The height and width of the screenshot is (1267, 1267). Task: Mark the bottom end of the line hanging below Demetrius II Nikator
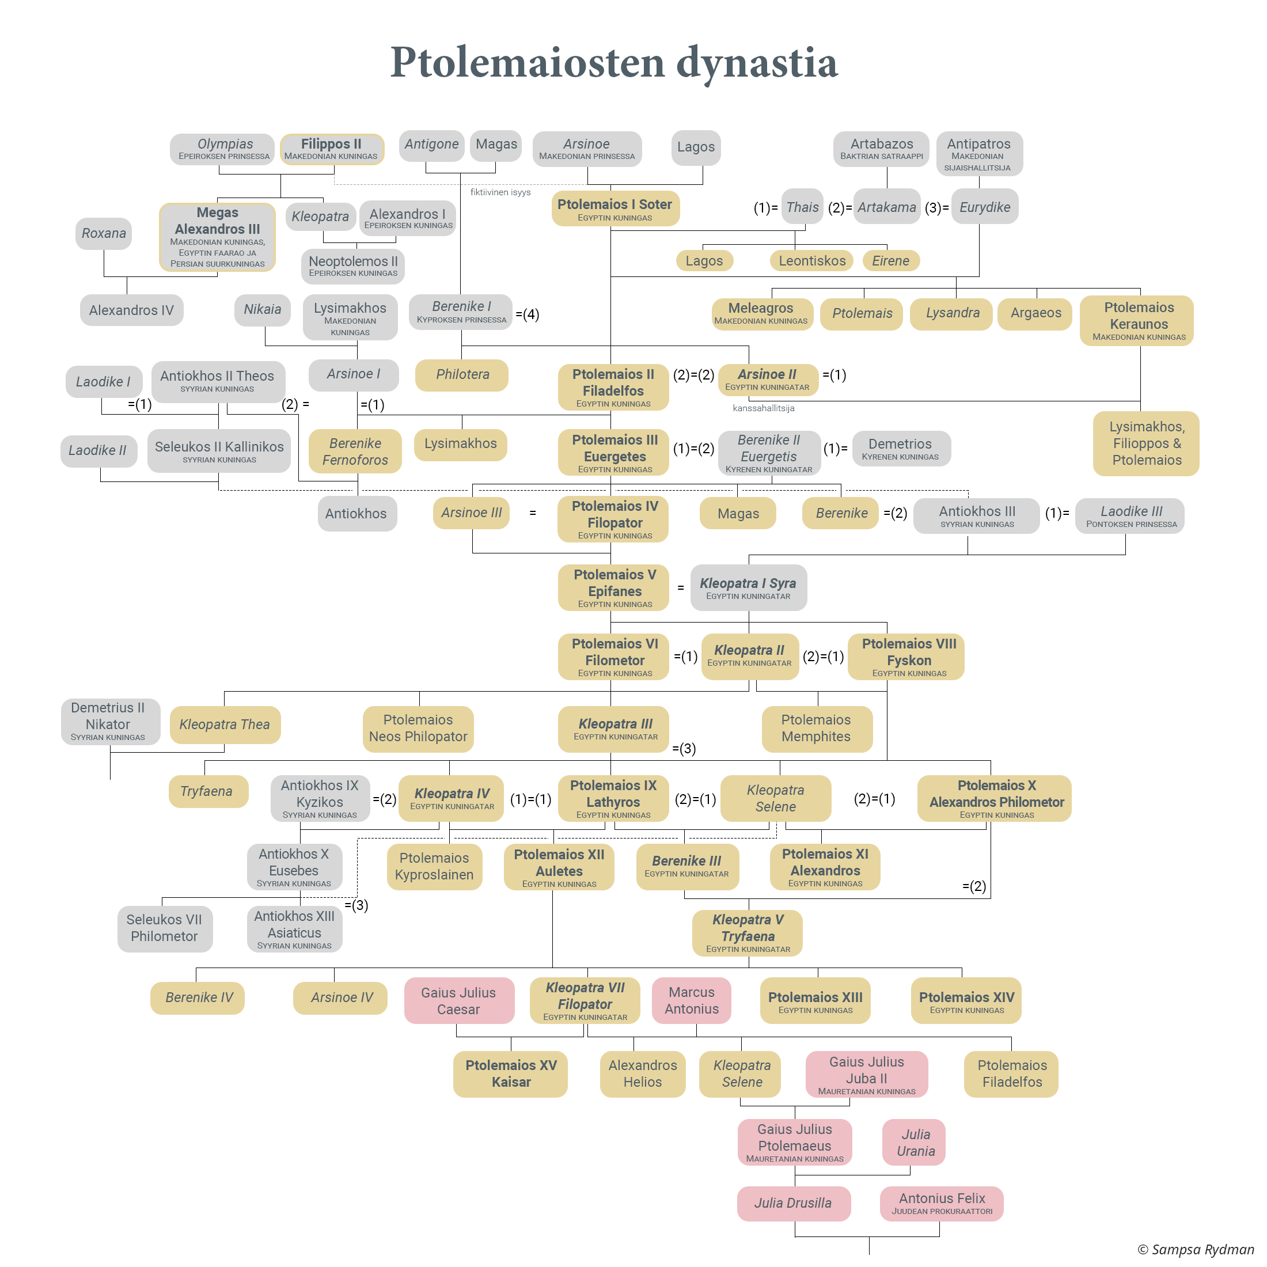tap(110, 779)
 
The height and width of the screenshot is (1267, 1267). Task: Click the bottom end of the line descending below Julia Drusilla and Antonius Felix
tap(870, 1254)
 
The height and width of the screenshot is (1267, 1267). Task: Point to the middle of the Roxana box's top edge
tap(104, 218)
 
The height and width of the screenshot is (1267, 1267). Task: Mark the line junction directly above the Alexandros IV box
tap(127, 277)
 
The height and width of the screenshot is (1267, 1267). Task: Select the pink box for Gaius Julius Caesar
tap(459, 1001)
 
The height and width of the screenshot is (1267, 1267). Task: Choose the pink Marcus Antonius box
tap(692, 1001)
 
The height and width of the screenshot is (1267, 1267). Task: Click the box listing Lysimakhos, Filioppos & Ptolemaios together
tap(1146, 443)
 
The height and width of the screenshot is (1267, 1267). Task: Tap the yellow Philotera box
tap(462, 375)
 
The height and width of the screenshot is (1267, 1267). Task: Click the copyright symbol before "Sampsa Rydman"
tap(1143, 1249)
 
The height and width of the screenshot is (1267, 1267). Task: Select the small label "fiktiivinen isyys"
tap(500, 192)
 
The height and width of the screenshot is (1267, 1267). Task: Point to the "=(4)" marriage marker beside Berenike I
tap(528, 315)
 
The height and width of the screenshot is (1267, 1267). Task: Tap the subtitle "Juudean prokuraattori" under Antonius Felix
tap(942, 1211)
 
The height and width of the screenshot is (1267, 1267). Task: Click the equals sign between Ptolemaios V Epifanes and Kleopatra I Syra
tap(681, 587)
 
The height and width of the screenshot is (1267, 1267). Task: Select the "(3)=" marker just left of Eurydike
tap(937, 208)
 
